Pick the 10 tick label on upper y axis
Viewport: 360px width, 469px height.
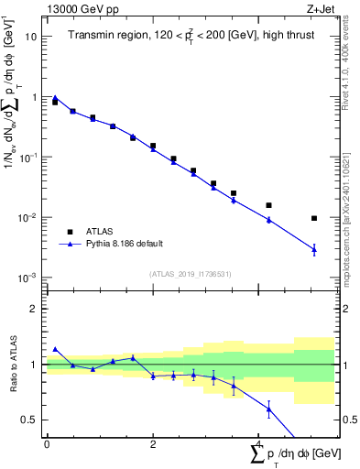coord(31,37)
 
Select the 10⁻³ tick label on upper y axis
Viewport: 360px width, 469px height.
coord(28,278)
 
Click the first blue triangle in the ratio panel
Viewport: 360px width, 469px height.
coord(55,349)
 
